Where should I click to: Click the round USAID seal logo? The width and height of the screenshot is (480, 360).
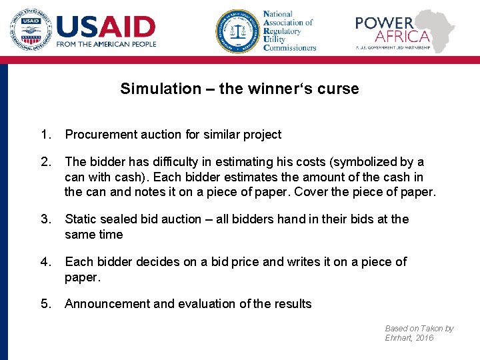tap(30, 29)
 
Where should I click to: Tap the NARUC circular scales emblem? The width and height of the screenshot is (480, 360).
tap(236, 31)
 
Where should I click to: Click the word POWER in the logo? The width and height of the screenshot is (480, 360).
tap(384, 23)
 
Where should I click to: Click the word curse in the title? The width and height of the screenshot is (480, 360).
tap(339, 89)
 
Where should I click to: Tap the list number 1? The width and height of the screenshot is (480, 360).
tap(45, 134)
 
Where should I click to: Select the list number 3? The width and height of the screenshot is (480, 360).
tap(45, 219)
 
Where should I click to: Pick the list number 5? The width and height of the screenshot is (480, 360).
tap(45, 303)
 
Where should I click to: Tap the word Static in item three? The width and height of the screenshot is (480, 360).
tap(81, 219)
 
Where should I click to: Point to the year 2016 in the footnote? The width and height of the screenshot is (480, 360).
tap(423, 338)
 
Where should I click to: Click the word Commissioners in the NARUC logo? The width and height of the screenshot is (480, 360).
tap(290, 48)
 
